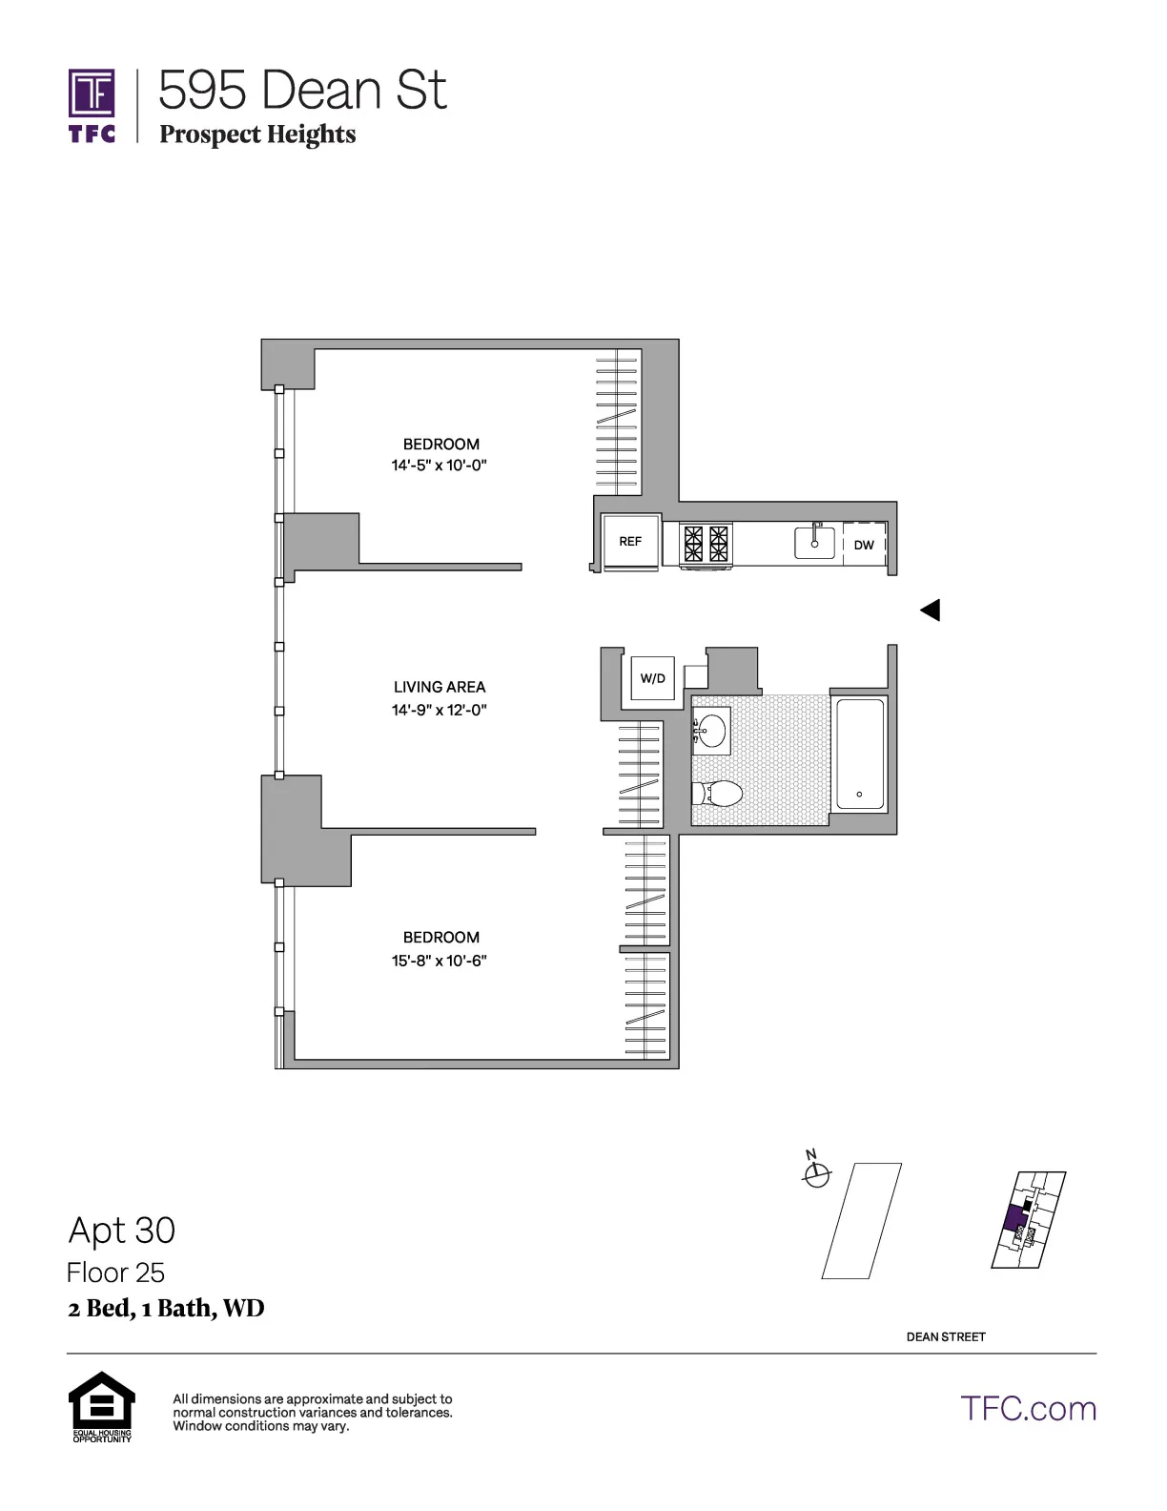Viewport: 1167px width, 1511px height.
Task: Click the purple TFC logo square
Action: (x=92, y=93)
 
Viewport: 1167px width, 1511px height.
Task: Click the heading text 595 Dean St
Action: (x=302, y=91)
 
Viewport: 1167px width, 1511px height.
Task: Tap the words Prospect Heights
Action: (x=257, y=135)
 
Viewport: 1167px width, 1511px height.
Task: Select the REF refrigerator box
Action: (x=630, y=542)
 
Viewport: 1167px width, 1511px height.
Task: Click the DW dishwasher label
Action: (x=864, y=546)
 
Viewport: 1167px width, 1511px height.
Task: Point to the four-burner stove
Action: (x=706, y=544)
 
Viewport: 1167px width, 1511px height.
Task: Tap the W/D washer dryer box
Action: (x=652, y=679)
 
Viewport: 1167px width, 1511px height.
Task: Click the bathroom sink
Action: (x=710, y=731)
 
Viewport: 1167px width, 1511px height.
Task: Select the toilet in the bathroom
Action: (x=717, y=793)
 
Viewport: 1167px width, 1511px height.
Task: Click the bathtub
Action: (x=859, y=755)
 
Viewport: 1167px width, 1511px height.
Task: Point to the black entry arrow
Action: (x=931, y=610)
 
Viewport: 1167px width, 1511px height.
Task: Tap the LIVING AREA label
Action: (x=439, y=687)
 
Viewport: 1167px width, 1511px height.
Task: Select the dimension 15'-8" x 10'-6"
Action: (x=439, y=961)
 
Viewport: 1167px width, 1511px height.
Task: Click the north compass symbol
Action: (x=816, y=1176)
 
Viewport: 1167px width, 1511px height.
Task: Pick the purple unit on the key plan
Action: (x=1015, y=1220)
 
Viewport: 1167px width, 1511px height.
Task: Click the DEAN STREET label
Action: (x=945, y=1336)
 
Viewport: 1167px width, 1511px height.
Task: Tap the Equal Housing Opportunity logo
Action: (x=102, y=1404)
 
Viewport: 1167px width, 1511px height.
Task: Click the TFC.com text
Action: (x=1028, y=1408)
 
